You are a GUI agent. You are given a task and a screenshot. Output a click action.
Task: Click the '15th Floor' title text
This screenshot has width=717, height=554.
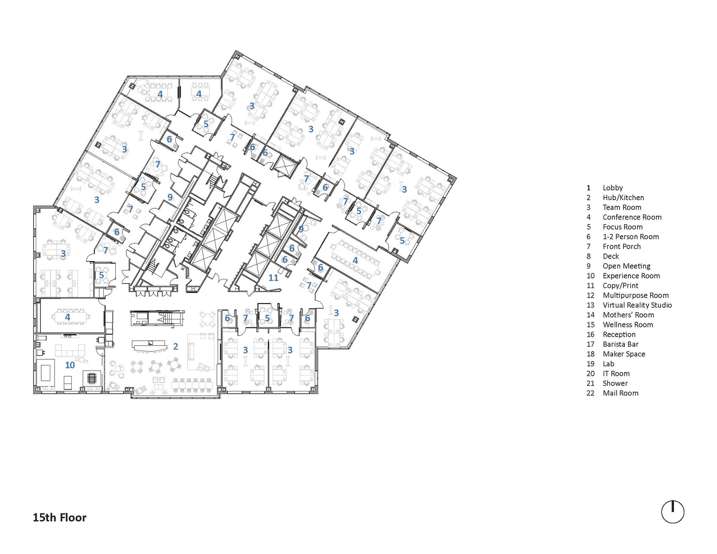point(60,517)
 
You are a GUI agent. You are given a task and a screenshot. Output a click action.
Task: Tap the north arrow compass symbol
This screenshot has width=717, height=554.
point(673,512)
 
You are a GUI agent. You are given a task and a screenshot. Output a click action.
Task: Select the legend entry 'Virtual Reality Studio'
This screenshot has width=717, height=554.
point(637,305)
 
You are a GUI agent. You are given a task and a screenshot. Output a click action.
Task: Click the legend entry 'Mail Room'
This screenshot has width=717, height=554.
point(620,393)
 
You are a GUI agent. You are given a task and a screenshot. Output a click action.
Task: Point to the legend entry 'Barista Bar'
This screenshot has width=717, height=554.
point(620,344)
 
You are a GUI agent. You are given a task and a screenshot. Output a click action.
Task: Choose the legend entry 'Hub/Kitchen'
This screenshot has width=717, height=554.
point(623,198)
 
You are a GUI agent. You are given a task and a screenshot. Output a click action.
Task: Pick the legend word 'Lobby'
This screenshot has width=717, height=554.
point(613,188)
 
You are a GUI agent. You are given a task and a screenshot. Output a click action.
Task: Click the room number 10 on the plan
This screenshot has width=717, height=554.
point(70,365)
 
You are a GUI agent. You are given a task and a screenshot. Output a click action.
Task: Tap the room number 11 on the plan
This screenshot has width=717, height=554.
point(274,278)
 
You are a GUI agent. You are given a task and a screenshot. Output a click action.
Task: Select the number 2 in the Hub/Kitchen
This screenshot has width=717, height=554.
point(176,346)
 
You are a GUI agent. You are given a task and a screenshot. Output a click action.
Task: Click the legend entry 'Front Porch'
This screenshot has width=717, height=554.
point(621,246)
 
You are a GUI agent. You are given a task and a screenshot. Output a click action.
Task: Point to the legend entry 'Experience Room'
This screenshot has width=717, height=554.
point(631,276)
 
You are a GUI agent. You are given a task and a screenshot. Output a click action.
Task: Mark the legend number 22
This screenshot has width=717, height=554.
point(590,393)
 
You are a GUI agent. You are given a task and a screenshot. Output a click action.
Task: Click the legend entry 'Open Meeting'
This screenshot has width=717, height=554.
point(626,266)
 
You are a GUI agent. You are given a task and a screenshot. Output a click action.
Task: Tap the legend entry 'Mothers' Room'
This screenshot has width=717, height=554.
point(628,315)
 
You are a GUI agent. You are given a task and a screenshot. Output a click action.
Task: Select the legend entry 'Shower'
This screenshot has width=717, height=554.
point(615,383)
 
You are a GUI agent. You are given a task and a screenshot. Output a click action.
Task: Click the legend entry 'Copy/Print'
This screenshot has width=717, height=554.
point(620,285)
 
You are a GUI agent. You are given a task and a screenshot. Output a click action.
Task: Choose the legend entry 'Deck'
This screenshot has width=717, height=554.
point(611,256)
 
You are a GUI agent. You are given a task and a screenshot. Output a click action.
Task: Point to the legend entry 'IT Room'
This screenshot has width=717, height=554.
point(616,374)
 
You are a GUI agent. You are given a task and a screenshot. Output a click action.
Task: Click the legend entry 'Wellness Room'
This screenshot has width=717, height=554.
point(628,325)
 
